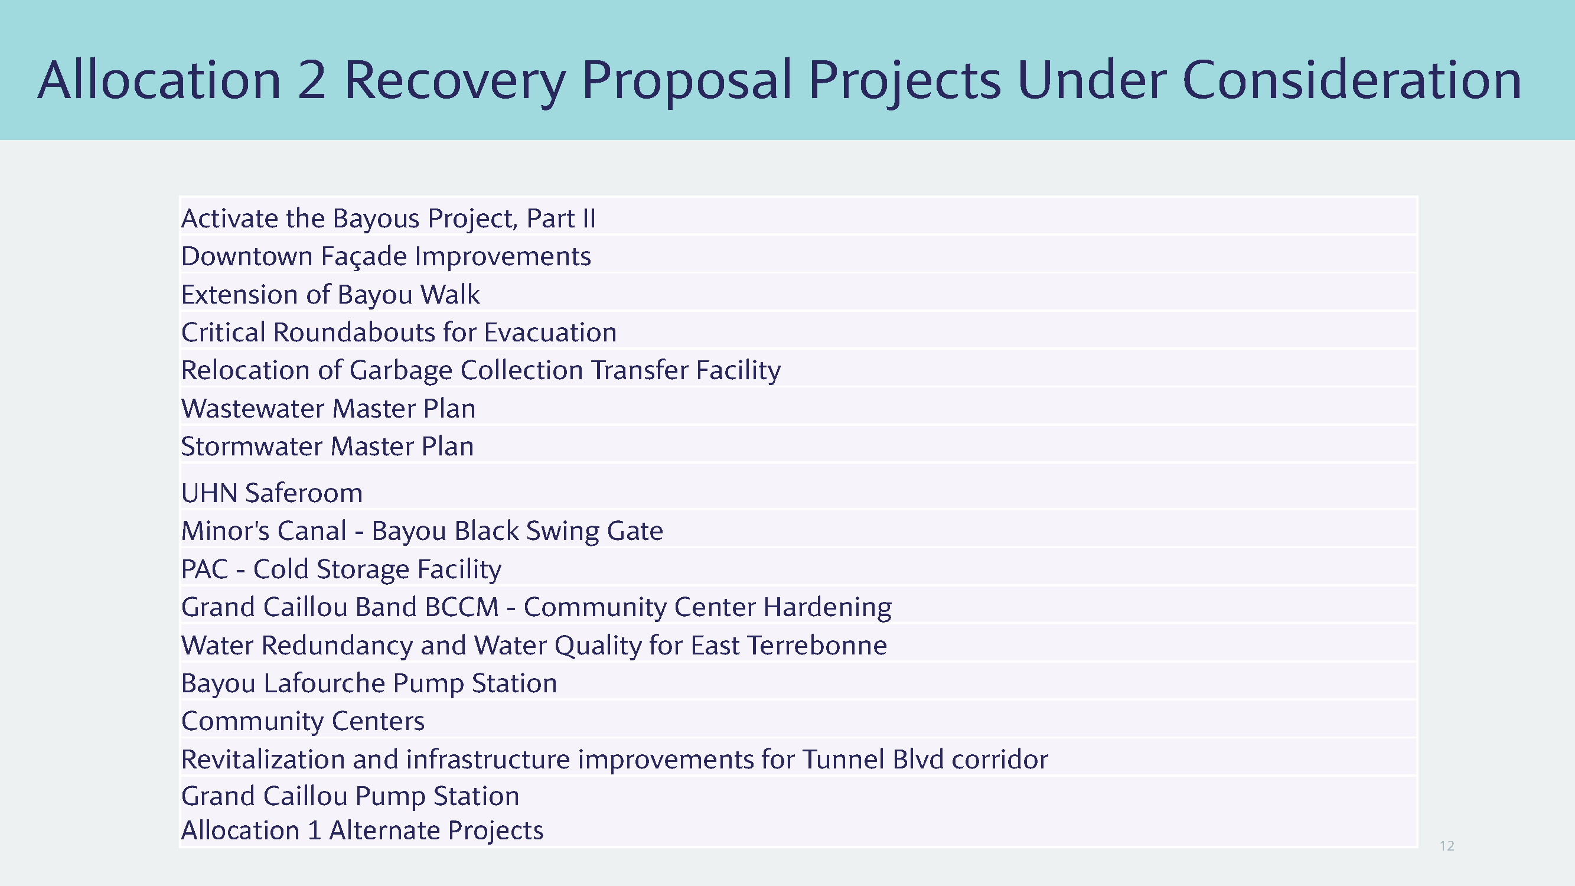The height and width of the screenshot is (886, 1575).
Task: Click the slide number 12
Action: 1447,846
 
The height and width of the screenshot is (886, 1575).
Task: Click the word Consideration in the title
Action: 1351,80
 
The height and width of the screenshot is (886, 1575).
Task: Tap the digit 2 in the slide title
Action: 312,80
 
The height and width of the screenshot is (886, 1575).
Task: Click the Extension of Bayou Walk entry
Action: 330,295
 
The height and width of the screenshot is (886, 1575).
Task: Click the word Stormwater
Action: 252,447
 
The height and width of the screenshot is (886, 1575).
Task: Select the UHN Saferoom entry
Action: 272,493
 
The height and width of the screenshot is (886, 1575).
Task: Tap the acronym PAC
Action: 205,569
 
